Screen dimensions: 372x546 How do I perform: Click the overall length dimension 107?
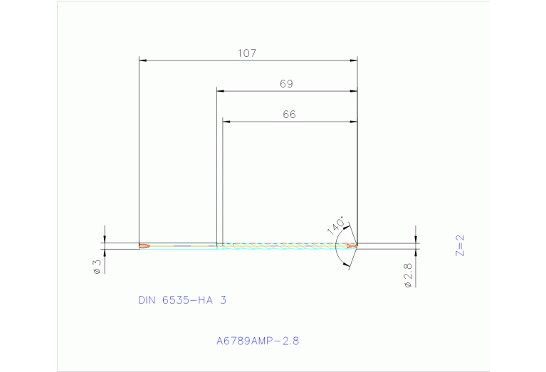tap(247, 53)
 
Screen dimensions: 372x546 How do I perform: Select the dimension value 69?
tap(286, 84)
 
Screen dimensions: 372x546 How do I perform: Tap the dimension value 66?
tap(288, 114)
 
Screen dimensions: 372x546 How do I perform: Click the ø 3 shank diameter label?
tap(97, 267)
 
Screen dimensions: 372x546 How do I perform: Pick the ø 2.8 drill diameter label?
tap(407, 275)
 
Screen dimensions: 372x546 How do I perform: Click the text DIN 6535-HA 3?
tap(182, 300)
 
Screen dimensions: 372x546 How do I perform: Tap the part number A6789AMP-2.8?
tap(258, 341)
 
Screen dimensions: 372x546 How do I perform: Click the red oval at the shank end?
tap(144, 246)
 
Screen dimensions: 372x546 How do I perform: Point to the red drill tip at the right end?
tap(352, 246)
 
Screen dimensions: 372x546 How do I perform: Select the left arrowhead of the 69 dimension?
tap(221, 92)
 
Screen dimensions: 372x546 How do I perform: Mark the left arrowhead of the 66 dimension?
tap(226, 122)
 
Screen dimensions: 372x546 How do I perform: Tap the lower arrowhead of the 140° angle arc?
tap(346, 265)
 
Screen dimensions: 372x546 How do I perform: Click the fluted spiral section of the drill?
tap(285, 246)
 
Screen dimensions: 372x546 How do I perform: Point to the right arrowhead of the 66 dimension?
tap(353, 122)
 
